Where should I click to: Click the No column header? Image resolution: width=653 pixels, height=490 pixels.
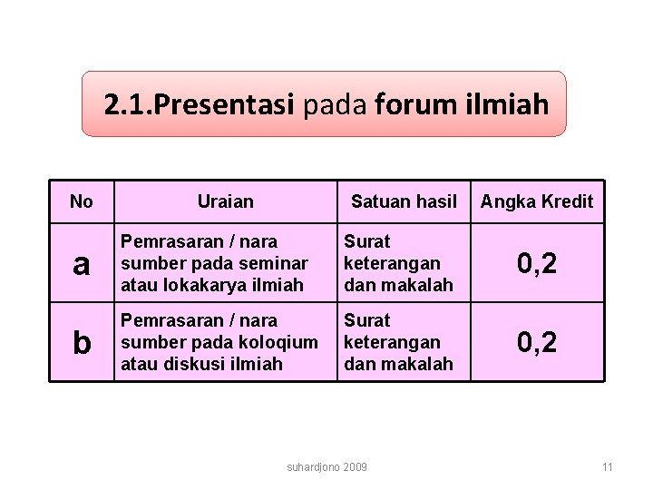[x=81, y=201]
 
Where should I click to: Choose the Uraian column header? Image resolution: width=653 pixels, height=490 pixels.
[x=226, y=201]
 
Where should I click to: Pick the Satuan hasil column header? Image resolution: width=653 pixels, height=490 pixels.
[x=404, y=201]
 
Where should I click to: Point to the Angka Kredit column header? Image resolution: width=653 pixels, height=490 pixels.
[x=537, y=201]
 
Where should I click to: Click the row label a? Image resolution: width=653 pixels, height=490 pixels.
[x=82, y=264]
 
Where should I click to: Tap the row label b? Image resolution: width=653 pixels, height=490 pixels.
[x=82, y=343]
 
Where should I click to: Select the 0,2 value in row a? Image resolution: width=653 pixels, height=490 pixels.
[x=537, y=264]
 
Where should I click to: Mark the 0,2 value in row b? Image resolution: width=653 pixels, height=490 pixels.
[x=537, y=343]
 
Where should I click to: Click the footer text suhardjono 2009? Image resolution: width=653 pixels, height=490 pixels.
[x=326, y=466]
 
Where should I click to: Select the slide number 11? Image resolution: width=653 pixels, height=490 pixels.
[x=608, y=466]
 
